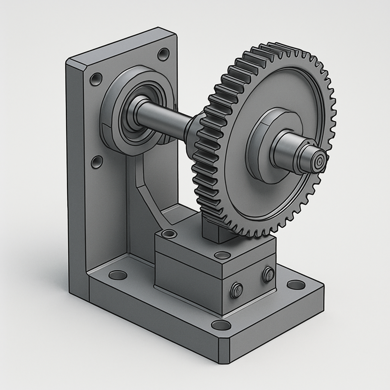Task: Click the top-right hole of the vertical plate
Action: click(163, 54)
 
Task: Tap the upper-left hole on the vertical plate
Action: click(96, 79)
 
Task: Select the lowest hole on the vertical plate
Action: click(97, 162)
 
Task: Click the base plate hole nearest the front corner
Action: click(221, 325)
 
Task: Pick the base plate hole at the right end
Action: click(296, 285)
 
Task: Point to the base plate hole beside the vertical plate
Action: click(118, 275)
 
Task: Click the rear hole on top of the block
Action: click(169, 233)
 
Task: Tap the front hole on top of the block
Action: click(222, 255)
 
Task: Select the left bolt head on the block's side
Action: click(237, 291)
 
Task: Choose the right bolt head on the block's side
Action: click(269, 274)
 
